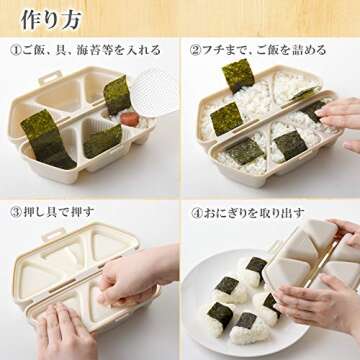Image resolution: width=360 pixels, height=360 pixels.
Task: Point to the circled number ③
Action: click(16, 213)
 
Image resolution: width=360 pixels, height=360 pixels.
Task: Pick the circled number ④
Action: click(196, 213)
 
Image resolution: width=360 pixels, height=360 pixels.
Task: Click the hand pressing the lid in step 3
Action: click(140, 280)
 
